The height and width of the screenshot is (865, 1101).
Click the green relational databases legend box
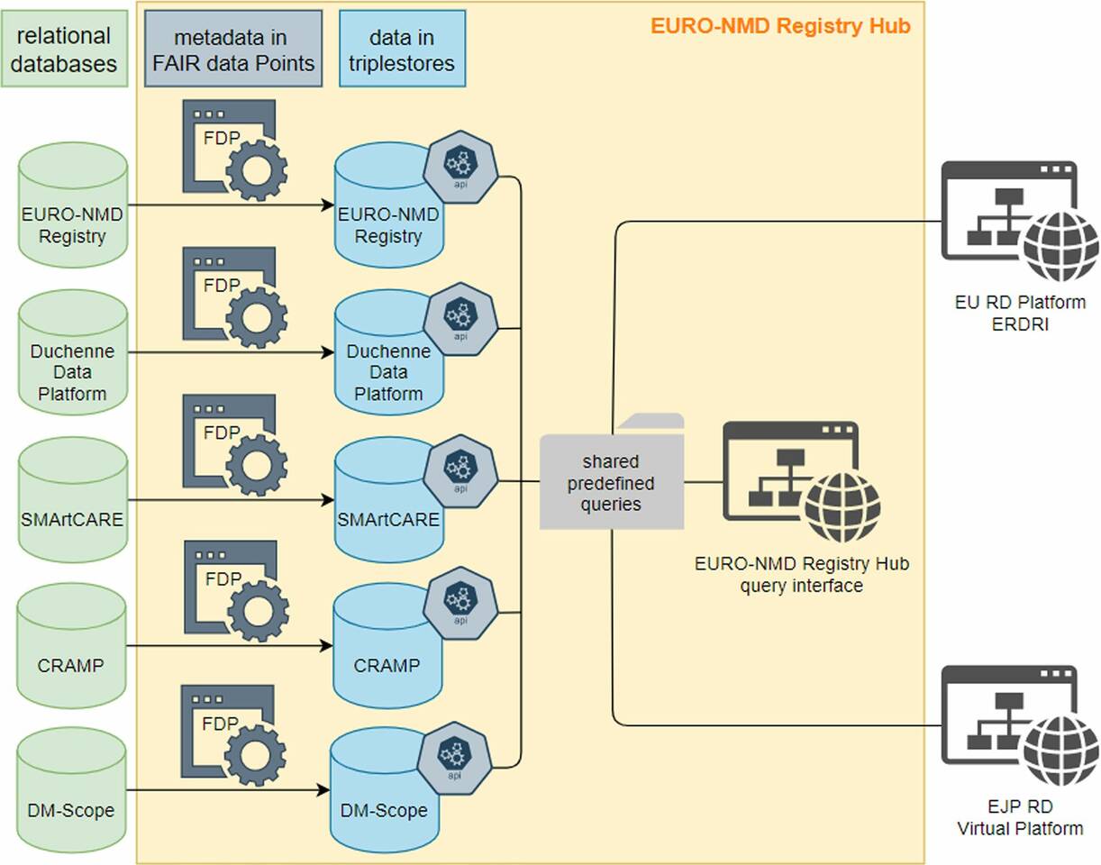[x=63, y=50]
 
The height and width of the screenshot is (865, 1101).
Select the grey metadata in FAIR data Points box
[x=232, y=50]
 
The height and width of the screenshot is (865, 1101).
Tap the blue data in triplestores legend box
[x=402, y=50]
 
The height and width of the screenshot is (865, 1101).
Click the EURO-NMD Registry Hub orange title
[x=780, y=26]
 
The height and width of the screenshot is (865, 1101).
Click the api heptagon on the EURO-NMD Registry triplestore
[x=460, y=167]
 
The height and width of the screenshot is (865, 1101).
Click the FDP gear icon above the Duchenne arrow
[x=234, y=298]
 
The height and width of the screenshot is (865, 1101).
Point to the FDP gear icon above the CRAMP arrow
[x=234, y=590]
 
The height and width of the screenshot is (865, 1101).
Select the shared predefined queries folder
[x=612, y=478]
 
